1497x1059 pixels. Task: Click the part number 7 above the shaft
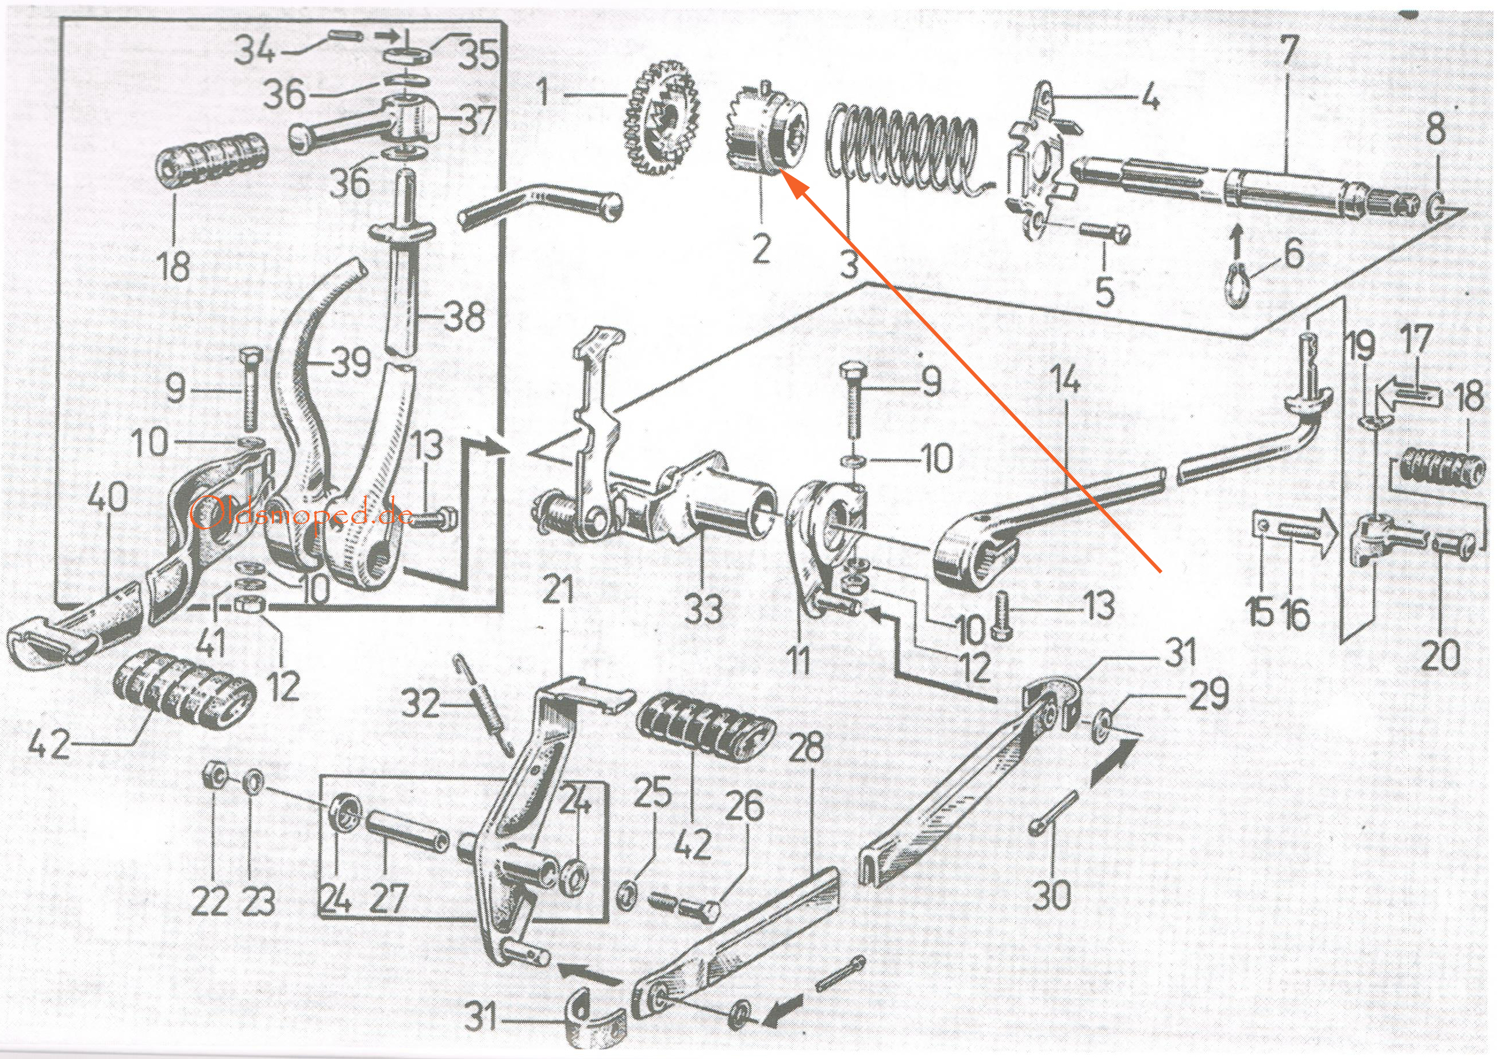pos(1288,49)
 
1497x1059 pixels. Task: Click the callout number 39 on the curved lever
pos(351,363)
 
